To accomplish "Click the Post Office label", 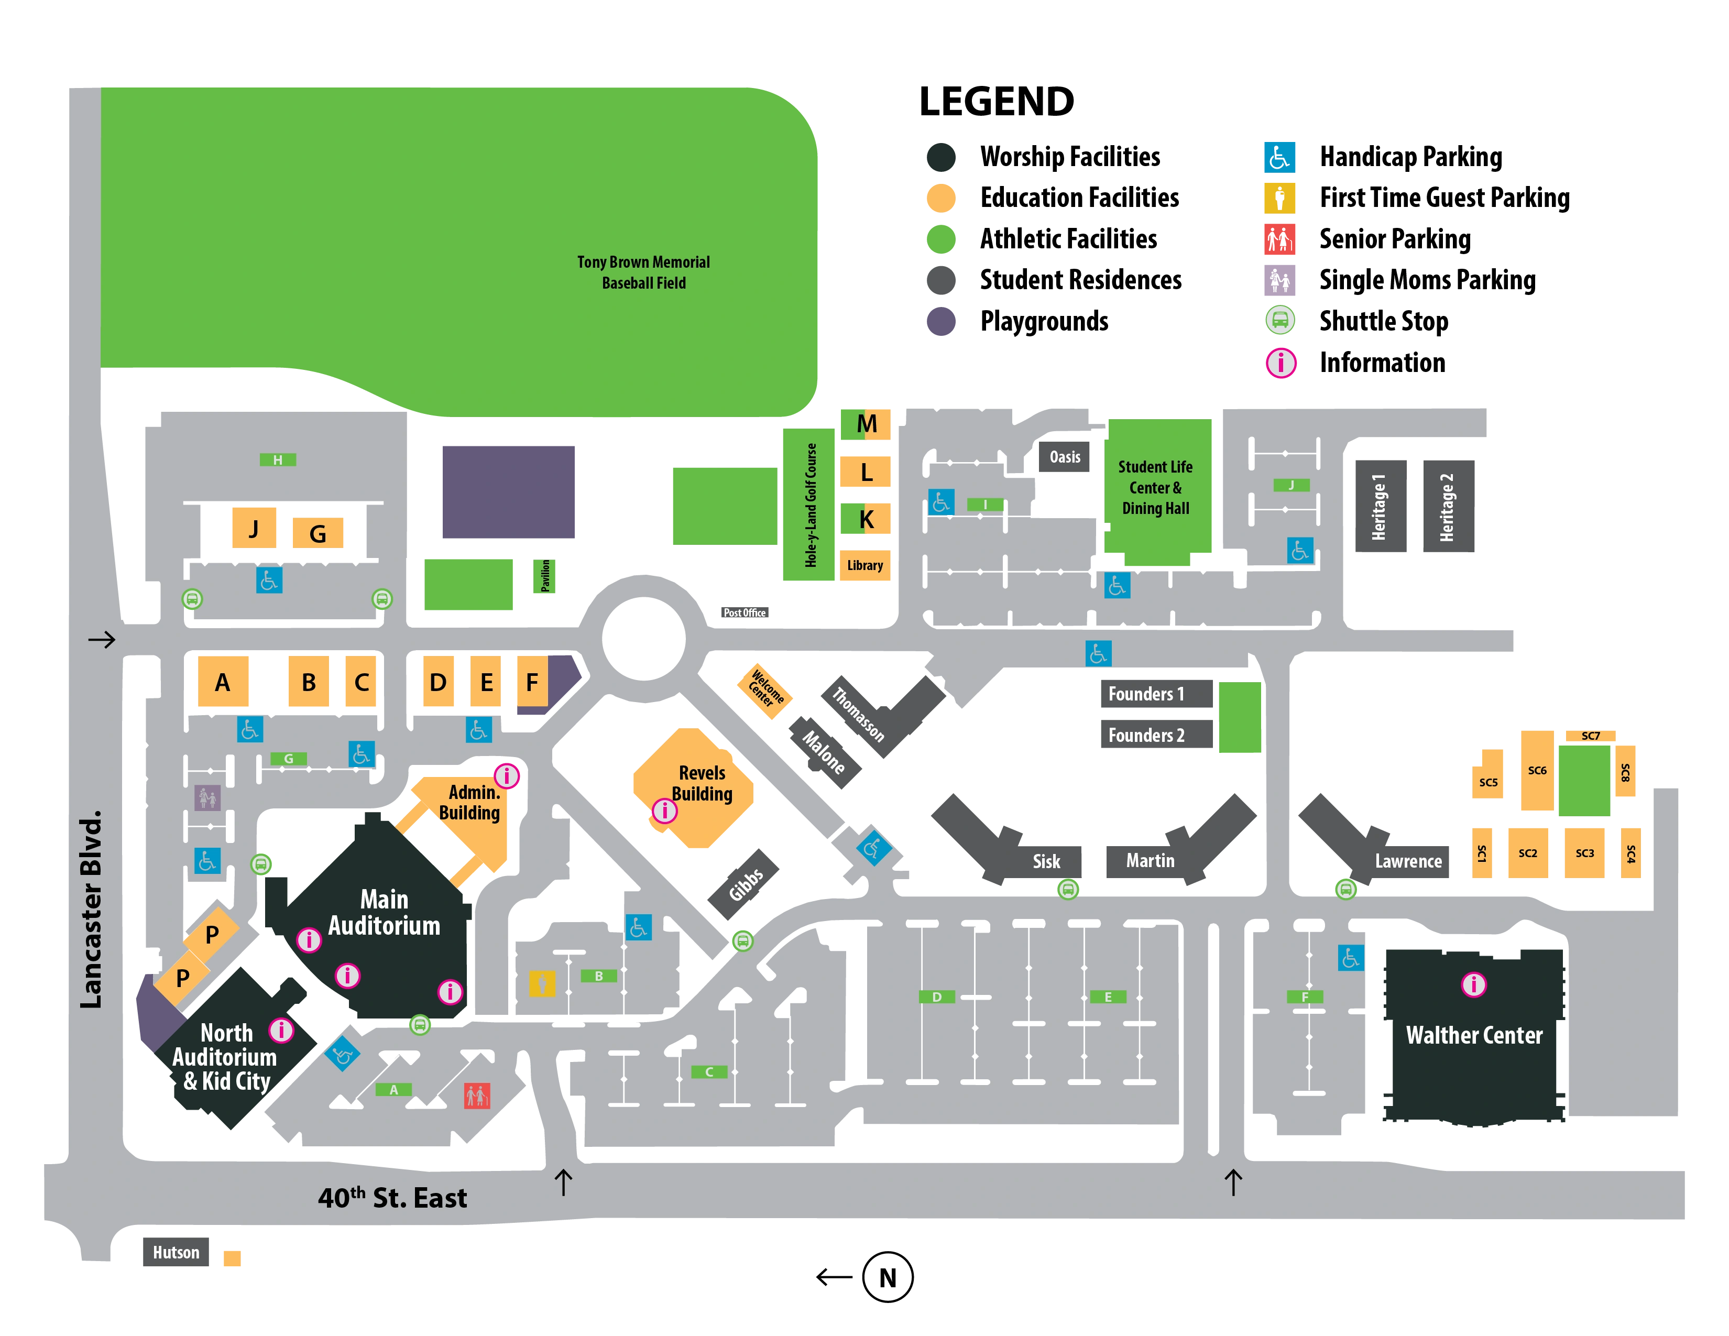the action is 744,612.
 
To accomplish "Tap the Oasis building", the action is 1064,457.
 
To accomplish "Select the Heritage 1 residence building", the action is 1381,506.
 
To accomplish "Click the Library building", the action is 864,565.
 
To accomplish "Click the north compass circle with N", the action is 888,1277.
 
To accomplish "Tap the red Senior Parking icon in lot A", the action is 477,1096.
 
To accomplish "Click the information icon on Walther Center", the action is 1473,984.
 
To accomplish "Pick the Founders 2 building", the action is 1156,735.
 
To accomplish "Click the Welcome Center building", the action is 765,690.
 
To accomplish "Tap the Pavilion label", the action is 545,575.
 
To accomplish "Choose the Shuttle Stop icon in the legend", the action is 1280,321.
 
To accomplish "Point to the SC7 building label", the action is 1591,736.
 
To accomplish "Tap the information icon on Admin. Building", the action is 507,775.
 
